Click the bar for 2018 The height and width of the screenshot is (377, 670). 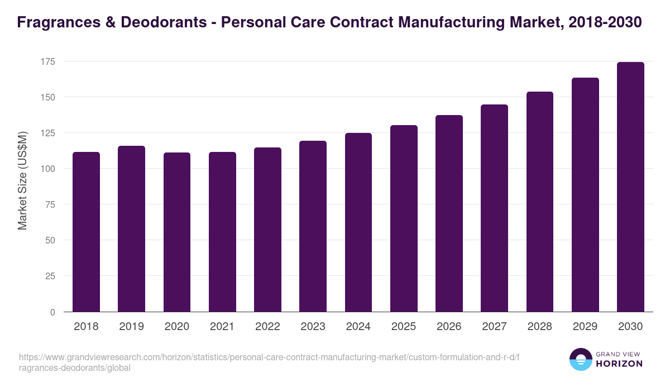86,232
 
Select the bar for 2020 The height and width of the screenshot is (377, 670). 177,232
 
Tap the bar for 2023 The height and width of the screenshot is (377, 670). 313,226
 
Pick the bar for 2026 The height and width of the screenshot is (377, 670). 449,213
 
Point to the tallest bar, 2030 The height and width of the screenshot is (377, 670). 630,187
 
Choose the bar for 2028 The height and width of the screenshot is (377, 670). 540,202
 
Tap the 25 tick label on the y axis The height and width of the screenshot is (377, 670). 50,276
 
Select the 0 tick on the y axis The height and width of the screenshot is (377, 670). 52,312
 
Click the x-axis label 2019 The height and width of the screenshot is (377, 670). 131,327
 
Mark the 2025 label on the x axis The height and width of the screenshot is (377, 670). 404,327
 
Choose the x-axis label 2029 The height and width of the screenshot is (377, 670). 585,327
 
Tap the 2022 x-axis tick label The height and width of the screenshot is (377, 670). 267,327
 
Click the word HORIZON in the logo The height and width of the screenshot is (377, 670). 619,364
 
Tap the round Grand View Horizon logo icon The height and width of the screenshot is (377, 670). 581,359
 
